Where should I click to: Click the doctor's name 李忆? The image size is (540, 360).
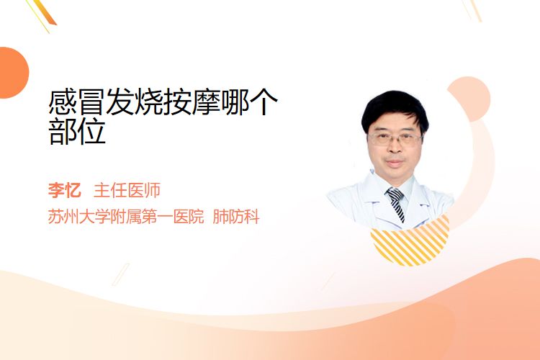tap(64, 190)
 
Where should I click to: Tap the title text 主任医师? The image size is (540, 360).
tap(127, 190)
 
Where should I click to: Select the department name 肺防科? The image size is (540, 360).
tap(236, 217)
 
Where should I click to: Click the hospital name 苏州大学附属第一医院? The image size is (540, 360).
tap(126, 217)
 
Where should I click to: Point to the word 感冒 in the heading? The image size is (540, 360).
tap(77, 102)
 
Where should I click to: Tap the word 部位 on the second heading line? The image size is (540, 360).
tap(77, 132)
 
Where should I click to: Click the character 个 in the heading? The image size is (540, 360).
tap(264, 102)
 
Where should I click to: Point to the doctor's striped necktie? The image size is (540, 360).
tap(397, 204)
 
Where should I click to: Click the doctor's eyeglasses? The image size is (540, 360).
tap(395, 139)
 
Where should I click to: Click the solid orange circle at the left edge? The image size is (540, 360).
tap(12, 73)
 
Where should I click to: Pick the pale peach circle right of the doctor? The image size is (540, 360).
tap(470, 98)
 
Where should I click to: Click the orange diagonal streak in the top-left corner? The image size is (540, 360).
tap(43, 14)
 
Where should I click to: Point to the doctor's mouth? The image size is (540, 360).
tap(395, 162)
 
